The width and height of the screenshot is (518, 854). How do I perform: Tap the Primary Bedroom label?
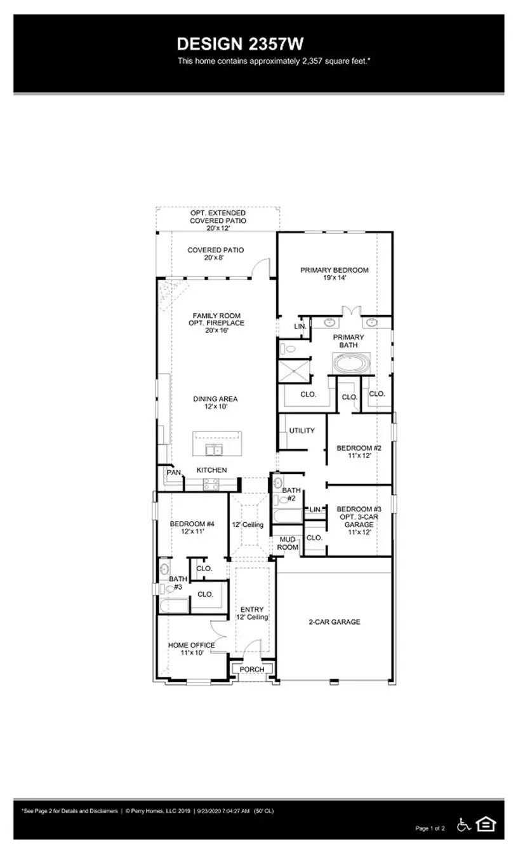point(334,270)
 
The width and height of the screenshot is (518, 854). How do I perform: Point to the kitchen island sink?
point(214,451)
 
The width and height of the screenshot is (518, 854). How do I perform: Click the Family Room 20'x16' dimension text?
point(216,330)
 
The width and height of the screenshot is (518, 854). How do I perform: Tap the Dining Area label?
point(215,399)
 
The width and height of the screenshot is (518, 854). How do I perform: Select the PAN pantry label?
point(173,473)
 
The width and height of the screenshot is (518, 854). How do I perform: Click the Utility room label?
point(302,431)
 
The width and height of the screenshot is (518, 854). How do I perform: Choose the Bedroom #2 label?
point(358,447)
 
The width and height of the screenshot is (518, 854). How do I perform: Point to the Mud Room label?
point(288,543)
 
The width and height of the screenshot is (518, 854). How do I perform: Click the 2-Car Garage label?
point(334,622)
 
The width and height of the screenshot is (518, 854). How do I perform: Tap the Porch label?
point(251,670)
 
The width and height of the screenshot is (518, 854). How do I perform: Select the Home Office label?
point(191,646)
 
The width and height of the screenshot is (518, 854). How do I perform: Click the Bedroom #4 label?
point(192,524)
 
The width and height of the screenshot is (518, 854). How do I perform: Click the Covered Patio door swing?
point(262,268)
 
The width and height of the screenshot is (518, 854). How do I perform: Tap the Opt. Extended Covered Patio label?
point(218,217)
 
